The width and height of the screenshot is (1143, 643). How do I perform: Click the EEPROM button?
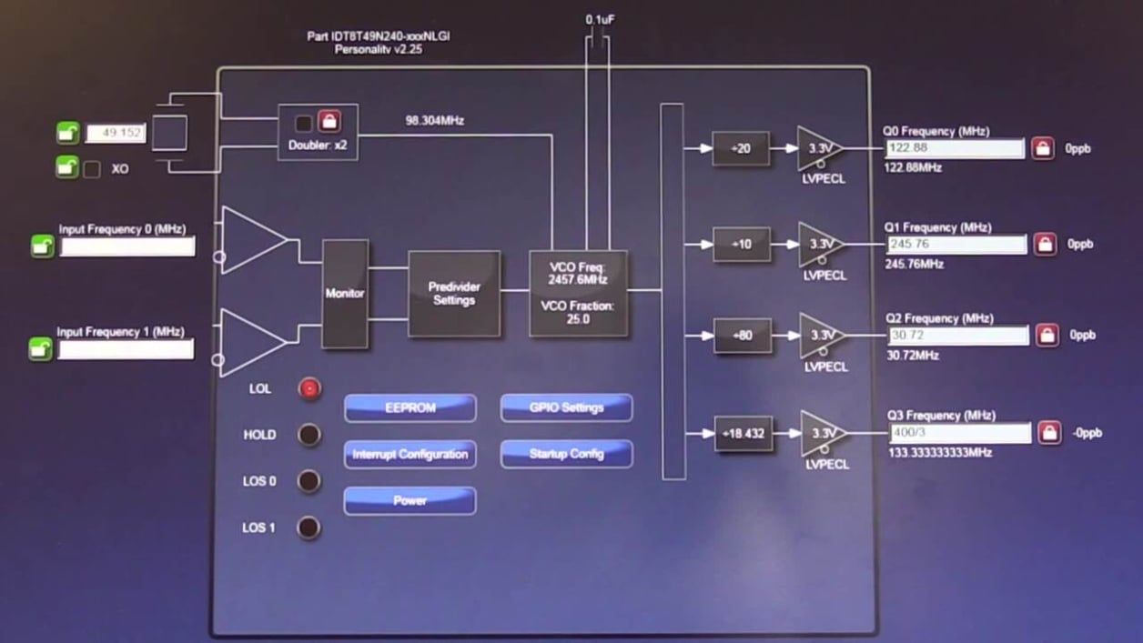point(410,408)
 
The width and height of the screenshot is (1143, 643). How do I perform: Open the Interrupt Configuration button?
point(410,454)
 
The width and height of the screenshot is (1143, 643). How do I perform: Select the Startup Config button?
point(566,454)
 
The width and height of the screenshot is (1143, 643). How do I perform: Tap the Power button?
point(410,500)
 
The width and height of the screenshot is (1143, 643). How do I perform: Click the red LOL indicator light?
point(309,389)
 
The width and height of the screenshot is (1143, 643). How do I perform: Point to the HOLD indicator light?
point(309,435)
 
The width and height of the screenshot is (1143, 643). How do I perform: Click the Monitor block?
point(345,294)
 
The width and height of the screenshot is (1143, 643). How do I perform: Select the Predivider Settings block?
point(454,294)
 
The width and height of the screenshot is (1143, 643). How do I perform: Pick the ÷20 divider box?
point(740,148)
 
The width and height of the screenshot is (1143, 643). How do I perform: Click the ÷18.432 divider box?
point(743,434)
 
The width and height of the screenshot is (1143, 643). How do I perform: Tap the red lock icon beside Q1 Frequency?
point(1045,245)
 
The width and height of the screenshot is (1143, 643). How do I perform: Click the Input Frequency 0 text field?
point(127,246)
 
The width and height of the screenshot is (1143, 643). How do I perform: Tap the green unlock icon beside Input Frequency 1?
point(40,349)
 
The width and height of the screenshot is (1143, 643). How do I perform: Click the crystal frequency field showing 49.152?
point(115,134)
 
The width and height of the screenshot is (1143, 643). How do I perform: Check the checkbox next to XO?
point(92,169)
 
